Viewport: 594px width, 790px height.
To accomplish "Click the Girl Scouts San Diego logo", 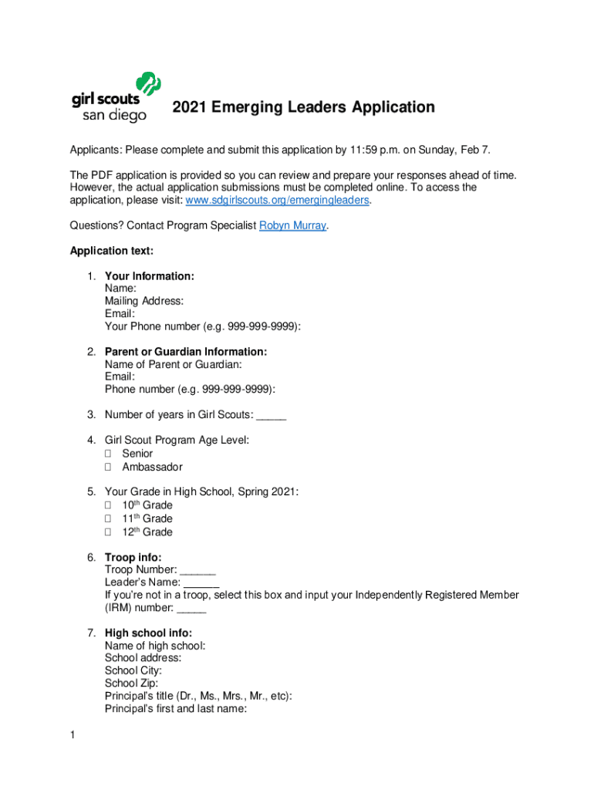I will click(x=116, y=98).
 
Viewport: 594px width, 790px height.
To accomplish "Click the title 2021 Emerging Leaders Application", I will click(x=303, y=107).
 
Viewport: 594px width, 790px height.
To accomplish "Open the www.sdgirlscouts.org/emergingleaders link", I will click(x=278, y=201).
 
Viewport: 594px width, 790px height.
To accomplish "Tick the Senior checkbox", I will click(x=109, y=454).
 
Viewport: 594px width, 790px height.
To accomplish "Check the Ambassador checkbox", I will click(x=109, y=467).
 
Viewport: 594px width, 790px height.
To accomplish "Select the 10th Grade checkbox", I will click(x=109, y=505).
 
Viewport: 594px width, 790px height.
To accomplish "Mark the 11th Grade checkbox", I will click(x=109, y=518).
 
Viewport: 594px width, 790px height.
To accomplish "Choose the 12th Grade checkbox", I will click(x=109, y=532).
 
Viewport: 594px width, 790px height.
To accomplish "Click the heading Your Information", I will click(x=149, y=276).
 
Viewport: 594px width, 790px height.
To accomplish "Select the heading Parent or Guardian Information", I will click(x=186, y=352).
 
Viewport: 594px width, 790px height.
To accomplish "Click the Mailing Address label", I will click(x=144, y=302).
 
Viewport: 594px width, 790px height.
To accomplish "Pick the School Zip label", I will click(x=131, y=683).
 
